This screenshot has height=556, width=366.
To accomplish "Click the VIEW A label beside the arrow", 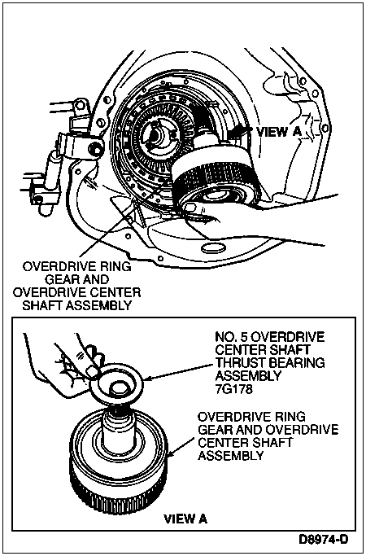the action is tap(278, 132).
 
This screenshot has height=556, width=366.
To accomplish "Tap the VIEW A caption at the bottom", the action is tap(185, 519).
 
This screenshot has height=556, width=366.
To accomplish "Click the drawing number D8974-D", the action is tap(323, 540).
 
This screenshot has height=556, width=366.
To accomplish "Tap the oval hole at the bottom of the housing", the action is tap(212, 247).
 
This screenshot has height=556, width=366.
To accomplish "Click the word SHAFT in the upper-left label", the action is tap(42, 305).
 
